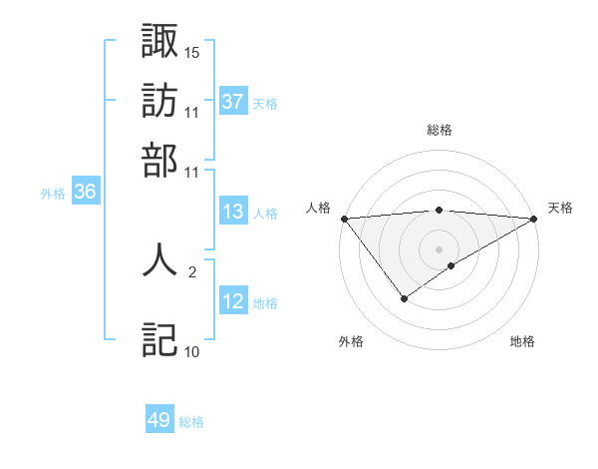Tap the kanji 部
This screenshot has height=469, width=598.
(x=159, y=160)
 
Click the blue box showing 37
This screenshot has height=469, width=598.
(x=233, y=102)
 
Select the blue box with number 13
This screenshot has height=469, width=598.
(x=233, y=212)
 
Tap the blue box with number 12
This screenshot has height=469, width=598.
(x=233, y=302)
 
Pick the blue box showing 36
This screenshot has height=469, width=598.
(x=85, y=193)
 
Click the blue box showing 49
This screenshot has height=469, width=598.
(x=159, y=420)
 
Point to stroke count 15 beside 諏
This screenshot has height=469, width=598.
(x=192, y=51)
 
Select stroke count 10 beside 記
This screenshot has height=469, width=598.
(x=192, y=351)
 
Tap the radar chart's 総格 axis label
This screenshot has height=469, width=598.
(x=440, y=130)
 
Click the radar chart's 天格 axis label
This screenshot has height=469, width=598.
(x=561, y=208)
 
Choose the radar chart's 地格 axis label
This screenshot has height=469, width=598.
(x=522, y=341)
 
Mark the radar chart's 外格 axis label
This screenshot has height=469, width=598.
(x=351, y=341)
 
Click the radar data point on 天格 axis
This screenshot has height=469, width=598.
(x=535, y=219)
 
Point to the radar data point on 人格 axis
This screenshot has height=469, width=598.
(x=344, y=219)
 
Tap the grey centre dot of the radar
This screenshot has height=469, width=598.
(x=440, y=249)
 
